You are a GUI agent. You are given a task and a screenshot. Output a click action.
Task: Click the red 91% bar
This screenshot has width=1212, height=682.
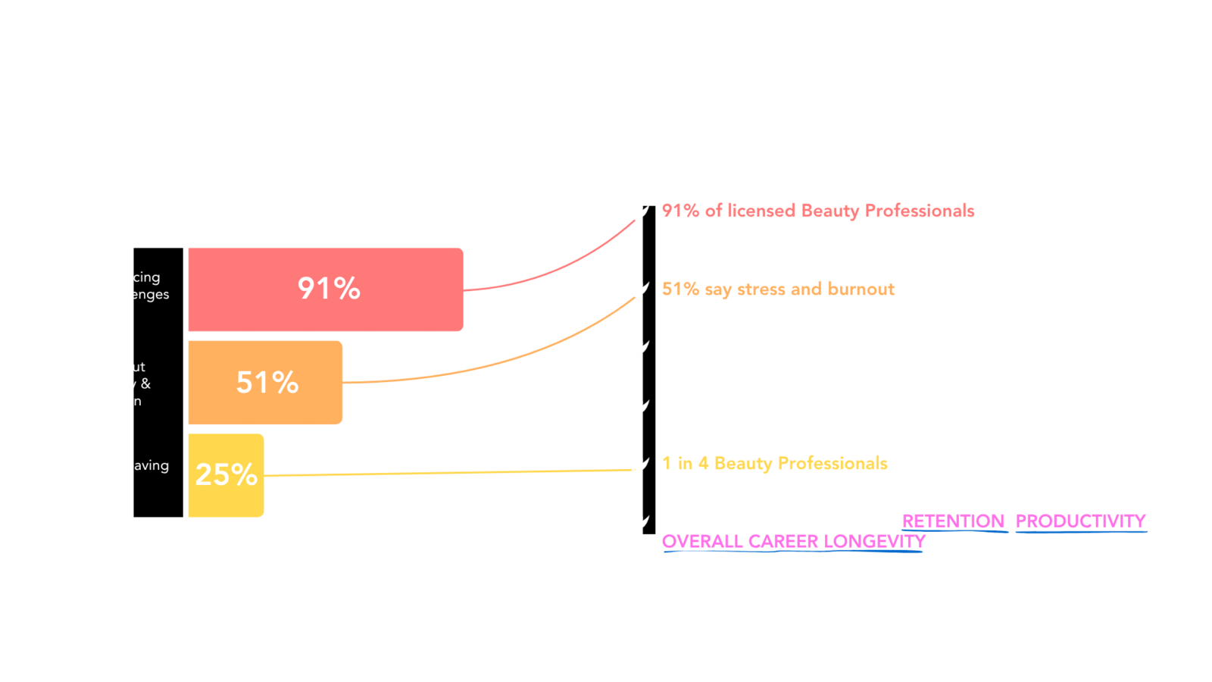(x=326, y=289)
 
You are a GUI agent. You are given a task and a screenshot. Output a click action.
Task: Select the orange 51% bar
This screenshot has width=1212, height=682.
(x=266, y=382)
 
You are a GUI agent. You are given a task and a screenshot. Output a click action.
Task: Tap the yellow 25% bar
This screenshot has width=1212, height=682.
(x=226, y=475)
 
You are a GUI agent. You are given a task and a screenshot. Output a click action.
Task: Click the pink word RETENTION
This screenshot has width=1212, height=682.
(x=954, y=521)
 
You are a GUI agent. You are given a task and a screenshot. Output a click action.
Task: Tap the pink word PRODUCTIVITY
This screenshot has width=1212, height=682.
(x=1081, y=521)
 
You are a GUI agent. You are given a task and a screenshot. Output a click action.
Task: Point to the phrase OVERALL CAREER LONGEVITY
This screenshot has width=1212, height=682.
(x=794, y=541)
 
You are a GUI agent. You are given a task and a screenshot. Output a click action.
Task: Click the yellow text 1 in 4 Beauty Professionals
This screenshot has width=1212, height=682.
(x=774, y=463)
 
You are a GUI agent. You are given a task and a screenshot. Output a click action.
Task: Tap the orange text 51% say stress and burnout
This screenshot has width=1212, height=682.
(x=778, y=289)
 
